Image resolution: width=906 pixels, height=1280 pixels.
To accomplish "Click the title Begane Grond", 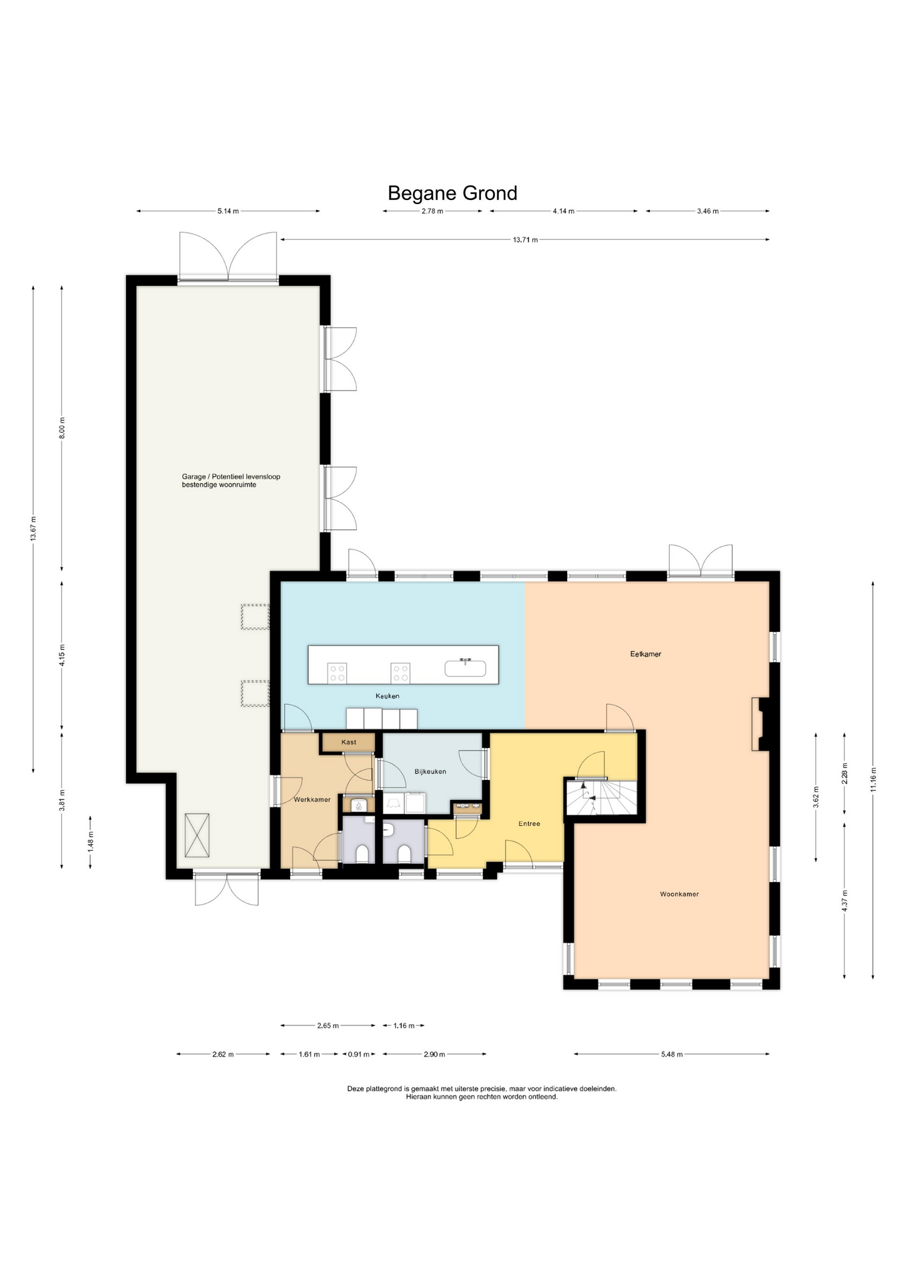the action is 452,193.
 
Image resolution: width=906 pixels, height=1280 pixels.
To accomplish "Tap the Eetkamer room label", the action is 646,654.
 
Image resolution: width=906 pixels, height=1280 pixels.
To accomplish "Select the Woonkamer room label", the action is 679,894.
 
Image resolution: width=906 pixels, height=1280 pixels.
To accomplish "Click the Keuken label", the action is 387,696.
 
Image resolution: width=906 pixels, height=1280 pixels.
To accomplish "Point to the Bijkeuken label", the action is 430,771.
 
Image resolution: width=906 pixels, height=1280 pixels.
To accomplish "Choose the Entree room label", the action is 529,823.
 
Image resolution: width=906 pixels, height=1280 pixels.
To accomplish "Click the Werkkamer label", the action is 312,799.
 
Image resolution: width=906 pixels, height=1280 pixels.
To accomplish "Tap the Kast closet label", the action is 349,742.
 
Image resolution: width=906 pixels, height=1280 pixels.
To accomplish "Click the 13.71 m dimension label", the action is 525,240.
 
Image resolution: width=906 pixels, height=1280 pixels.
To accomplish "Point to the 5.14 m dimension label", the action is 228,211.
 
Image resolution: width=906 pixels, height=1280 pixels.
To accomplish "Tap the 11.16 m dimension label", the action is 873,780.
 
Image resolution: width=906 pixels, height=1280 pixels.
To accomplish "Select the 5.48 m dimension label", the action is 671,1055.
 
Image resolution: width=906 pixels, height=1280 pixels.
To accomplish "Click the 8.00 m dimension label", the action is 62,427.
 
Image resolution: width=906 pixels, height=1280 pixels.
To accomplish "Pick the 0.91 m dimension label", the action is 359,1055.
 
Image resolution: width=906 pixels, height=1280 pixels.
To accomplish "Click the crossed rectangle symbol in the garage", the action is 197,835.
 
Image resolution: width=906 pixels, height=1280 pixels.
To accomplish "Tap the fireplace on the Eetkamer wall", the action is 761,724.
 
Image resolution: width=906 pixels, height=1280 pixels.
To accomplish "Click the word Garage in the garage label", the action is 193,477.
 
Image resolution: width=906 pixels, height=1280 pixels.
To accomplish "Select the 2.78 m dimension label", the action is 432,211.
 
